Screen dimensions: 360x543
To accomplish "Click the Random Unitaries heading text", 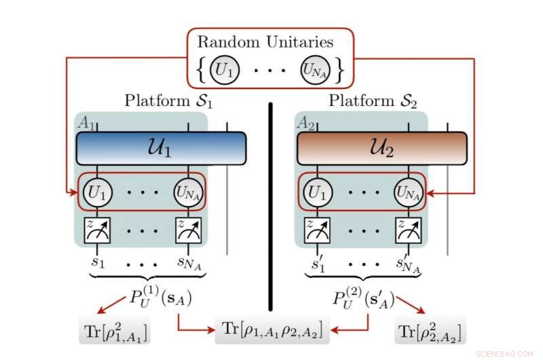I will pos(265,42).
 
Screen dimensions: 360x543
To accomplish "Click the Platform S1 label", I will pos(169,101).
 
